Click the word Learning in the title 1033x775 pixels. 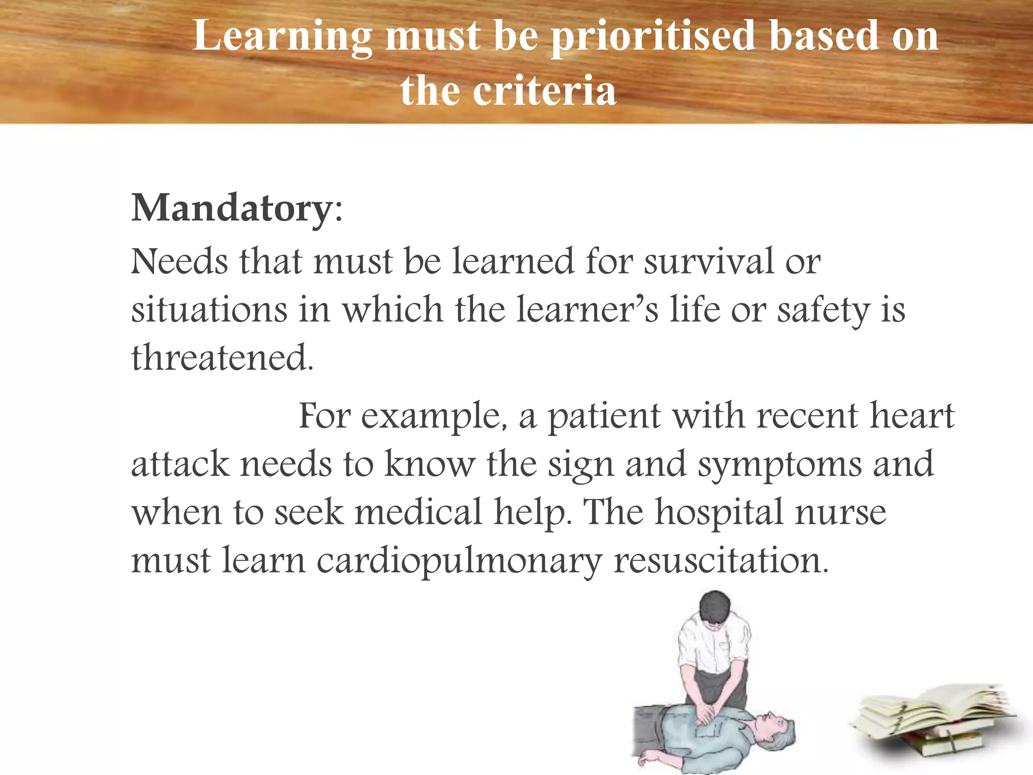pos(282,36)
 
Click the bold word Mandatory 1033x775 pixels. pos(231,208)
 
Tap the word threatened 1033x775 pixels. pos(222,357)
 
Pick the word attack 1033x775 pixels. pos(180,464)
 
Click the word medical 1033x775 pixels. pos(419,512)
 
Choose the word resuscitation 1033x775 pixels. pos(721,560)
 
